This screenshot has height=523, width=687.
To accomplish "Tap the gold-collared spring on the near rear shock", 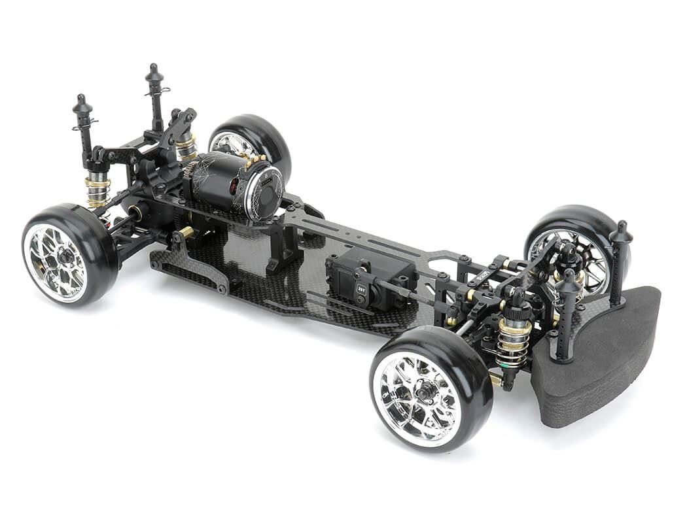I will pos(98,190).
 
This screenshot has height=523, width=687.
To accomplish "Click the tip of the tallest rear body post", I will pos(154,68).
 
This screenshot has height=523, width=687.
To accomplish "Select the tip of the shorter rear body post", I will pos(82,99).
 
